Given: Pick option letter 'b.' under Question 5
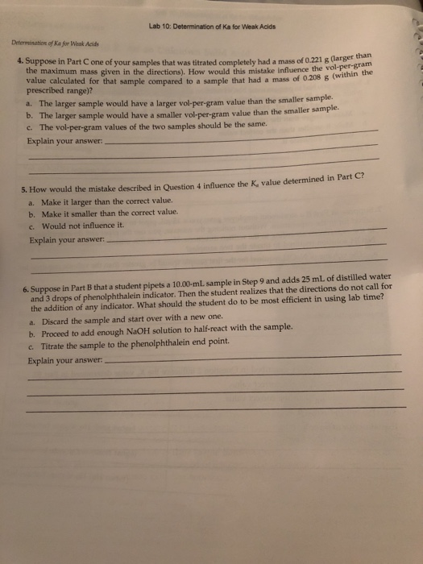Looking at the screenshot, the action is point(31,215).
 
